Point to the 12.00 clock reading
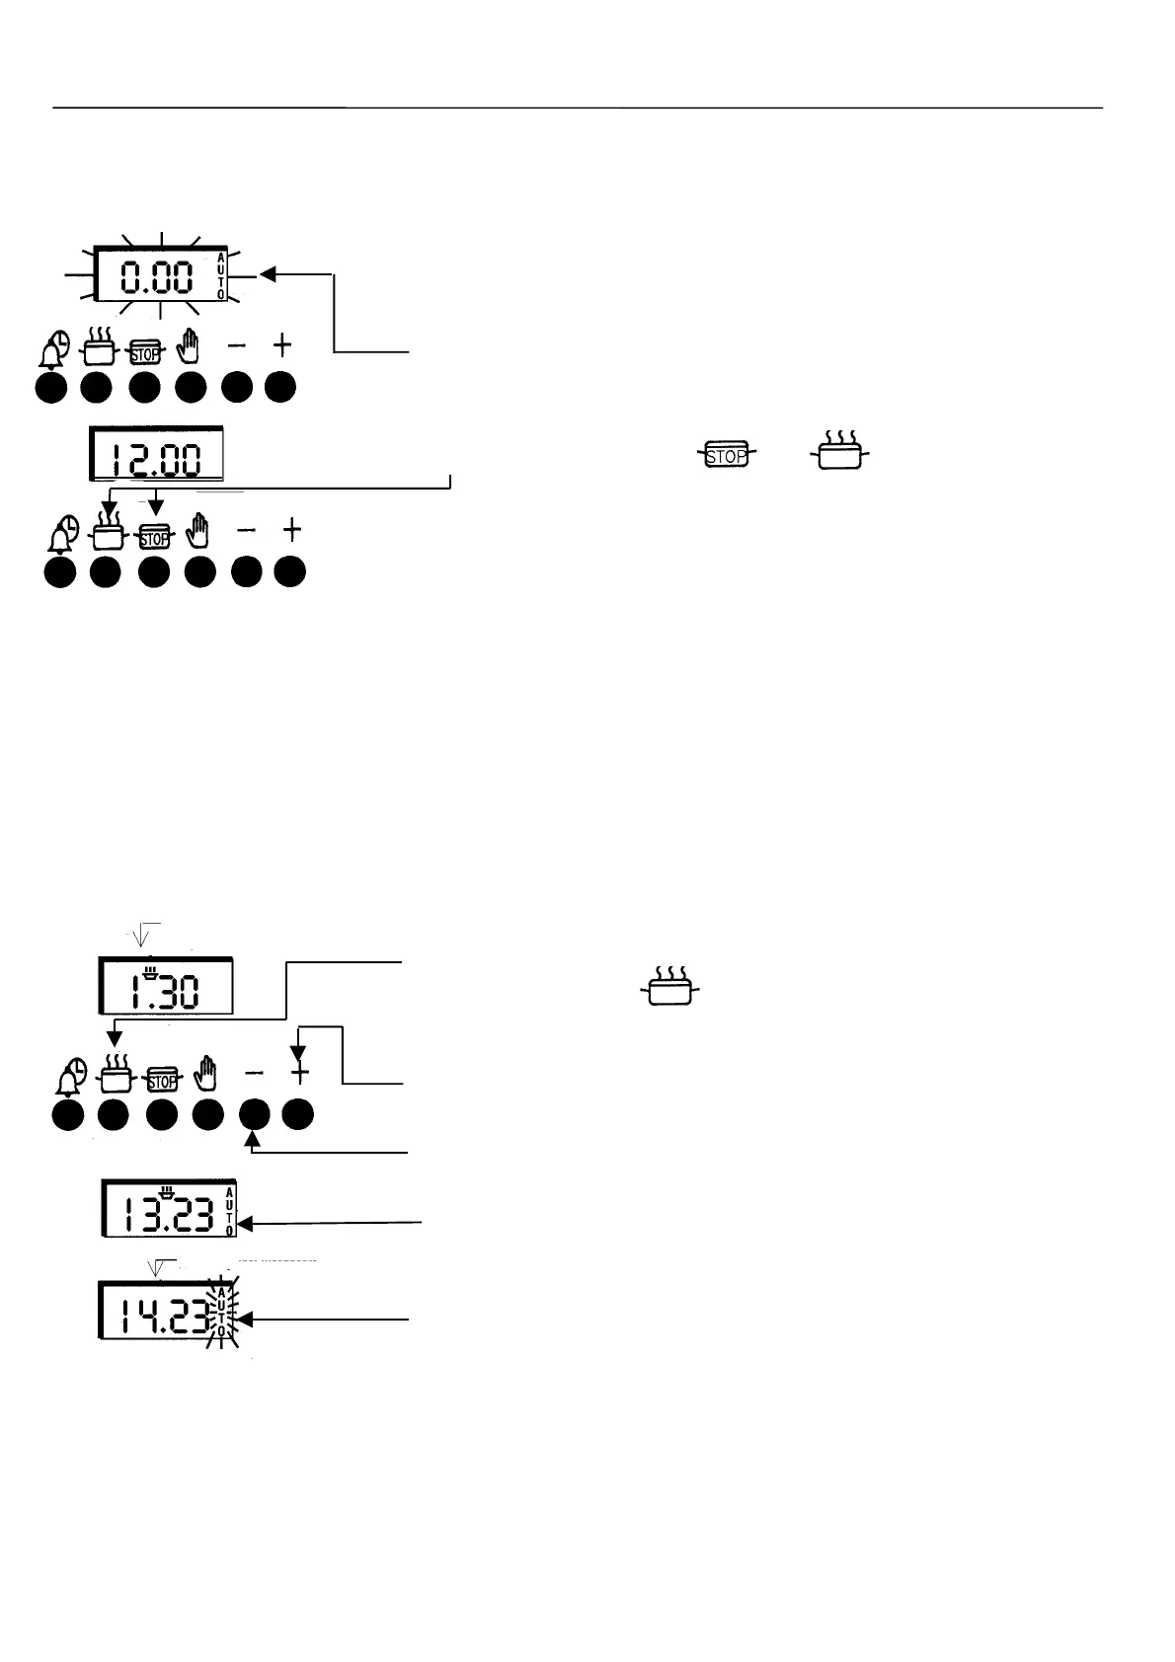point(155,460)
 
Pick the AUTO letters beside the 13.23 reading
point(229,1211)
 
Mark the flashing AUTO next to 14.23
point(223,1312)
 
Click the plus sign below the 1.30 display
point(300,1074)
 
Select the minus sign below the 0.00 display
point(237,345)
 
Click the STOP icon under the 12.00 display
point(154,537)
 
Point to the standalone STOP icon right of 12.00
point(727,455)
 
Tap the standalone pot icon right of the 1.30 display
point(670,986)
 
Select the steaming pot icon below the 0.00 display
point(99,347)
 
